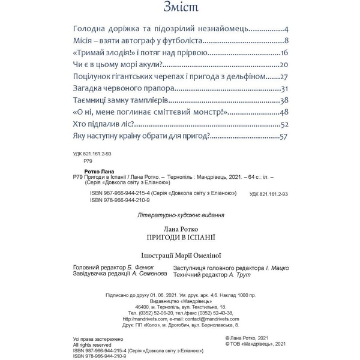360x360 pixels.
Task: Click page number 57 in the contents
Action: (285, 137)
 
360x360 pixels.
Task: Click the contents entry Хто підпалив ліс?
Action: (102, 125)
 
